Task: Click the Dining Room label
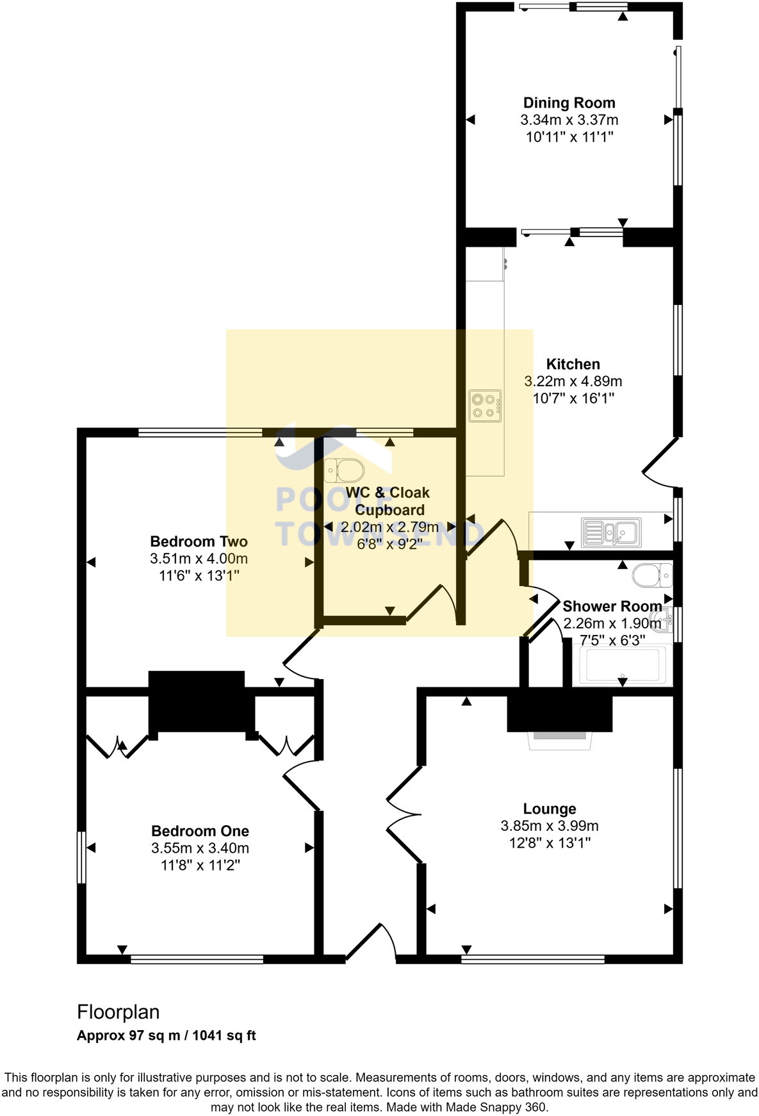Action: tap(569, 103)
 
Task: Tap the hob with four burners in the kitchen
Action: tap(485, 406)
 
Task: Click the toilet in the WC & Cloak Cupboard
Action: tap(344, 471)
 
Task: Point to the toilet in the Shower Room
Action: tap(652, 575)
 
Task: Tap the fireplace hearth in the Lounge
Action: tap(560, 740)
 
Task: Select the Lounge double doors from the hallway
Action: tap(404, 814)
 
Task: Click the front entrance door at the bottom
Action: tap(371, 942)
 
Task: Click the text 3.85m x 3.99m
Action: tap(550, 826)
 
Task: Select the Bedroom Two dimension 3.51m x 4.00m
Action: tap(199, 559)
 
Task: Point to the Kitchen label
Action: tap(573, 365)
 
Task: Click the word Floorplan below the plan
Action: tap(118, 1012)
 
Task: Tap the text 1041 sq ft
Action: tap(224, 1036)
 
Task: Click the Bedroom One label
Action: tap(200, 832)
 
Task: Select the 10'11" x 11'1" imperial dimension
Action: tap(569, 137)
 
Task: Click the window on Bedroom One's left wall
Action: tap(81, 857)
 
